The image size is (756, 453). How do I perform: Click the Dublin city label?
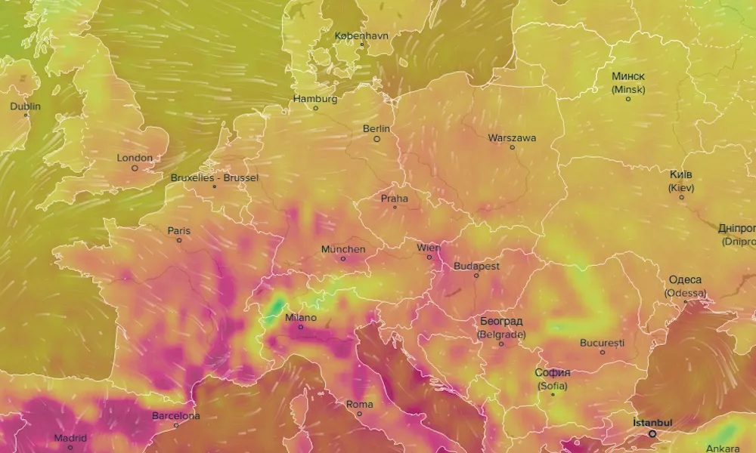click(x=25, y=106)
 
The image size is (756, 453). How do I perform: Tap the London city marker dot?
click(x=135, y=168)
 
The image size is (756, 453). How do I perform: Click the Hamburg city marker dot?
click(x=316, y=109)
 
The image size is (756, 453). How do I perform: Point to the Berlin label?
click(x=376, y=129)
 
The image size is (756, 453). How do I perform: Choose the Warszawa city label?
click(x=512, y=138)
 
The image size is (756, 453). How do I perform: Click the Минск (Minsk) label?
click(x=628, y=82)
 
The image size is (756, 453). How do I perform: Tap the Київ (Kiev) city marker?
click(x=681, y=198)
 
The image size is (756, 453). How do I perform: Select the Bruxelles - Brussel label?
click(x=215, y=177)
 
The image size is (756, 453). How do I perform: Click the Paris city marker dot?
click(x=179, y=241)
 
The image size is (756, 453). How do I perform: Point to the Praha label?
click(x=394, y=199)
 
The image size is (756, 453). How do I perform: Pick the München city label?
click(x=343, y=249)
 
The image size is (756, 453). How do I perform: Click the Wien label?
click(x=429, y=247)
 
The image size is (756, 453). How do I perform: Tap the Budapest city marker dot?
click(x=476, y=276)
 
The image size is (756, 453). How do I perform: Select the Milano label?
click(x=300, y=318)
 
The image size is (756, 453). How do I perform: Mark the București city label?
click(x=602, y=343)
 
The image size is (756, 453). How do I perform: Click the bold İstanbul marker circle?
click(x=652, y=433)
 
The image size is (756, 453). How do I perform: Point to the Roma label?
click(x=359, y=405)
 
